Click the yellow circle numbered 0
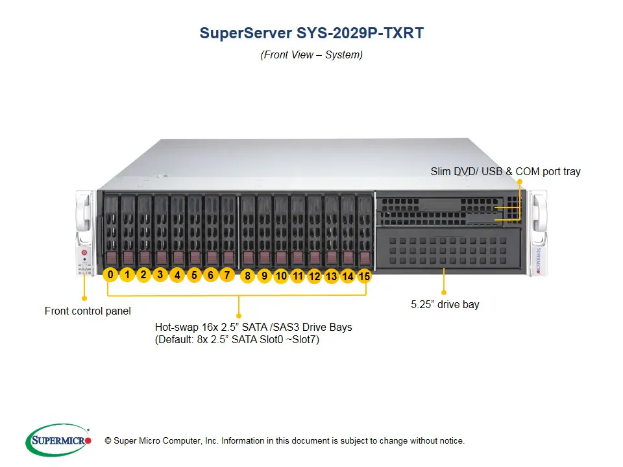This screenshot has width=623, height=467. tap(110, 275)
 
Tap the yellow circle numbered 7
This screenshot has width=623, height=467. tap(226, 275)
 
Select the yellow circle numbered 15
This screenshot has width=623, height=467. tap(364, 276)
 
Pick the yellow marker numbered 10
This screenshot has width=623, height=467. tap(281, 276)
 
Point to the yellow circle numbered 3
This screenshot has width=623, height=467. tap(160, 274)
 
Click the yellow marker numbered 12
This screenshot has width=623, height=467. tap(315, 276)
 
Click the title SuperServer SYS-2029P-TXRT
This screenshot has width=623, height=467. tap(311, 33)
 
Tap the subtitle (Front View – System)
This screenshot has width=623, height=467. tap(311, 55)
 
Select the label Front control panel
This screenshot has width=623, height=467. tap(88, 311)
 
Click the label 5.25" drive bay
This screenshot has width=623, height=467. tap(445, 304)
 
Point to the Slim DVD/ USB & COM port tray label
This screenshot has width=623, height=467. tap(506, 172)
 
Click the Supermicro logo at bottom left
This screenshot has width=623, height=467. tap(58, 440)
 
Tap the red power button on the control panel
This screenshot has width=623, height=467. tap(84, 251)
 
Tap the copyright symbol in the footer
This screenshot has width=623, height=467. tap(108, 441)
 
